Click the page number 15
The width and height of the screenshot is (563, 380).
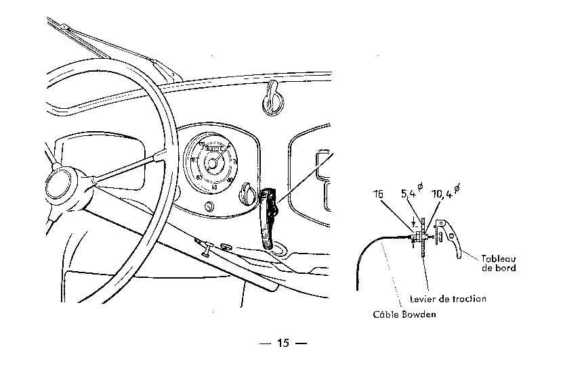283,343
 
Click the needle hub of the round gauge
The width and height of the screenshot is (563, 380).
213,162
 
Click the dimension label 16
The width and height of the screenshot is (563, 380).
378,195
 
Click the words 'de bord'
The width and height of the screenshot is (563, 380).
500,268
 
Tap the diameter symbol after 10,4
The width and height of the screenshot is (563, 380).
457,189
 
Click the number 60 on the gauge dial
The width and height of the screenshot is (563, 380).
214,187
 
